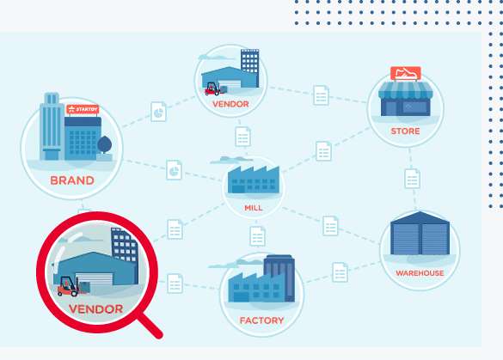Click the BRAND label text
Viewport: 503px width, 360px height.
click(x=72, y=180)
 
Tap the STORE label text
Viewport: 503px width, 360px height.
click(x=405, y=131)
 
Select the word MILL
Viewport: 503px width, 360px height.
click(x=254, y=208)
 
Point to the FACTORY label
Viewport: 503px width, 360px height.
click(x=261, y=320)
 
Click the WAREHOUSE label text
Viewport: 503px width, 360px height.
click(x=420, y=273)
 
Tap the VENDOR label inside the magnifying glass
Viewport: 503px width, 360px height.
click(x=96, y=309)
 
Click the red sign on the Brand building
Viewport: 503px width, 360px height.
click(x=83, y=109)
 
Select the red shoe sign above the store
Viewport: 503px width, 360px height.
click(x=406, y=73)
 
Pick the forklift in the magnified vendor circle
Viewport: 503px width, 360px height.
click(x=68, y=286)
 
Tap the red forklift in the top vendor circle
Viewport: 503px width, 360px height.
click(x=212, y=88)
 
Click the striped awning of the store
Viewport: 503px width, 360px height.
click(x=406, y=90)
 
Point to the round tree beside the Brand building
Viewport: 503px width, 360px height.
click(x=105, y=144)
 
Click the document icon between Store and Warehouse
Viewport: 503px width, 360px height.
click(x=412, y=179)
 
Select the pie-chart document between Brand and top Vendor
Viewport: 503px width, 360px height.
click(x=158, y=112)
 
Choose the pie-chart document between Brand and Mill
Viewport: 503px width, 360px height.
click(x=175, y=170)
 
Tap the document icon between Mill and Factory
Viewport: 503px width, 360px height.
click(x=257, y=236)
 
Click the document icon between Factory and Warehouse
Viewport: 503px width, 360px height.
click(x=340, y=272)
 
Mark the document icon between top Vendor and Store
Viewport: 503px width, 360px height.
click(x=321, y=95)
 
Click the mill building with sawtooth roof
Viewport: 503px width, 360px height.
click(x=254, y=180)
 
